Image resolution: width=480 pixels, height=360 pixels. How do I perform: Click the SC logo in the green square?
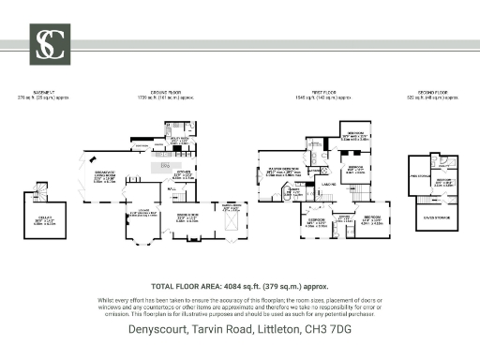coord(44,43)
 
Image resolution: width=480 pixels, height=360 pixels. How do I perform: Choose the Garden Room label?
coord(229,207)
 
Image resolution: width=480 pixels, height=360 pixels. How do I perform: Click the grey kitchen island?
coord(165,166)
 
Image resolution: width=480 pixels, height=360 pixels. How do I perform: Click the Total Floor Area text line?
coord(239,287)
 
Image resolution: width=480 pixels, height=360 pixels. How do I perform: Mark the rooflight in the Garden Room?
coord(229,223)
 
